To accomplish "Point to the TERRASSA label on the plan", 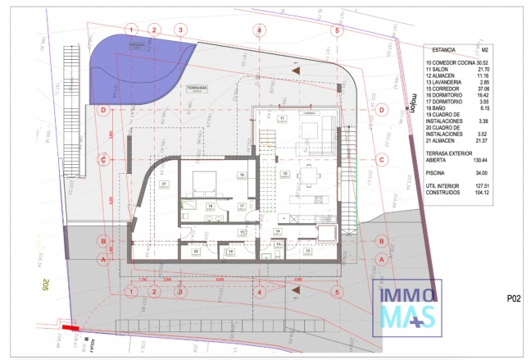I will coord(197,87).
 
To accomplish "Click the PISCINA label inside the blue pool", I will coord(137,46).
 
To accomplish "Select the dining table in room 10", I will coord(307,175).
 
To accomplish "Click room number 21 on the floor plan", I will coord(165,184).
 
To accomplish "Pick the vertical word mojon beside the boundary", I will coord(409,107).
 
